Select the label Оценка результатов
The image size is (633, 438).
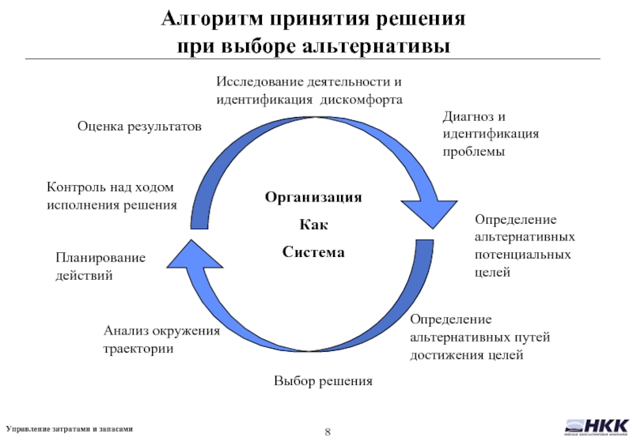point(139,126)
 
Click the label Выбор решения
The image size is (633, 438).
point(323,381)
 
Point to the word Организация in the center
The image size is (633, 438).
point(313,197)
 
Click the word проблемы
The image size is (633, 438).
point(474,150)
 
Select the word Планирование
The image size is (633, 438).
point(100,259)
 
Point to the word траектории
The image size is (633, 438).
point(138,348)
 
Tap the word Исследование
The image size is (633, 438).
point(262,82)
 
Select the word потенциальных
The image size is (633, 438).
point(522,255)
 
